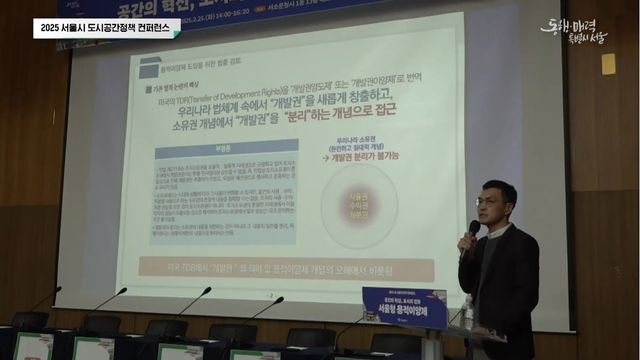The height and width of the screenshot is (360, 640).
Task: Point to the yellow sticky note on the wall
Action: coord(608,63)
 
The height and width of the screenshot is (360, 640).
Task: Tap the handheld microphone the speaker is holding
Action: coord(471,232)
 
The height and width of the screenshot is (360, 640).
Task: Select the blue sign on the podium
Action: coord(404,306)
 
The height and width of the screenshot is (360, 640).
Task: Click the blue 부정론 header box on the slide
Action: coord(225,144)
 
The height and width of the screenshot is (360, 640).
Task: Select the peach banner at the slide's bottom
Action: coord(286,268)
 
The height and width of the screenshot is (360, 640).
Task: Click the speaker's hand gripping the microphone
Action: coord(466,243)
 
